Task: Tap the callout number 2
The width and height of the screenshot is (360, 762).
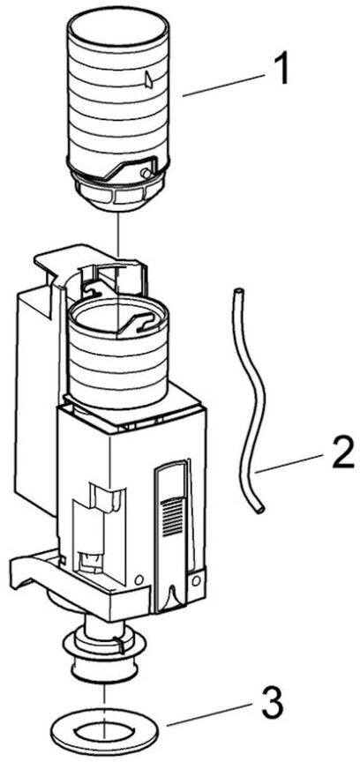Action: coord(343,453)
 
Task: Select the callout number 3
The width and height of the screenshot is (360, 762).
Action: coord(273,701)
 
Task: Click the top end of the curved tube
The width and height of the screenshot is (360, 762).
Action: coord(237,292)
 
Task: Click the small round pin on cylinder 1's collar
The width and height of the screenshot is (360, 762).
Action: coord(145,173)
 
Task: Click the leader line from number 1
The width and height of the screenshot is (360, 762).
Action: coord(223,85)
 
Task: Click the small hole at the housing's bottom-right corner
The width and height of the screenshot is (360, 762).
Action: coord(196,580)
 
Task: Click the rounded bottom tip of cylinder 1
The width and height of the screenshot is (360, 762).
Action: coord(119,199)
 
